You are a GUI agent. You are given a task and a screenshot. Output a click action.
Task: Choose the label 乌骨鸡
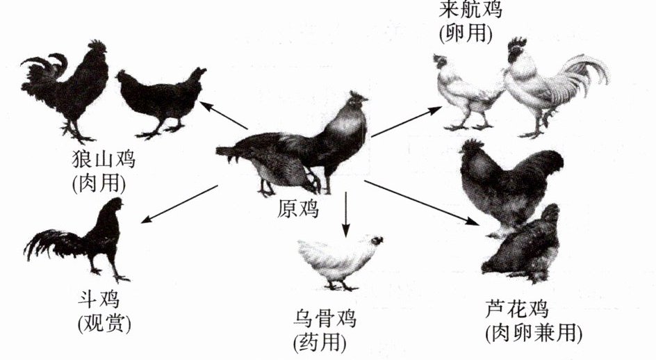(x=325, y=319)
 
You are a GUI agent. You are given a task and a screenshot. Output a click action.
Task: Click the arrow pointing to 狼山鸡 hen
(x=224, y=115)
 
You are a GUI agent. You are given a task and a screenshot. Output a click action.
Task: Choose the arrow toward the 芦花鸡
(x=421, y=202)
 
